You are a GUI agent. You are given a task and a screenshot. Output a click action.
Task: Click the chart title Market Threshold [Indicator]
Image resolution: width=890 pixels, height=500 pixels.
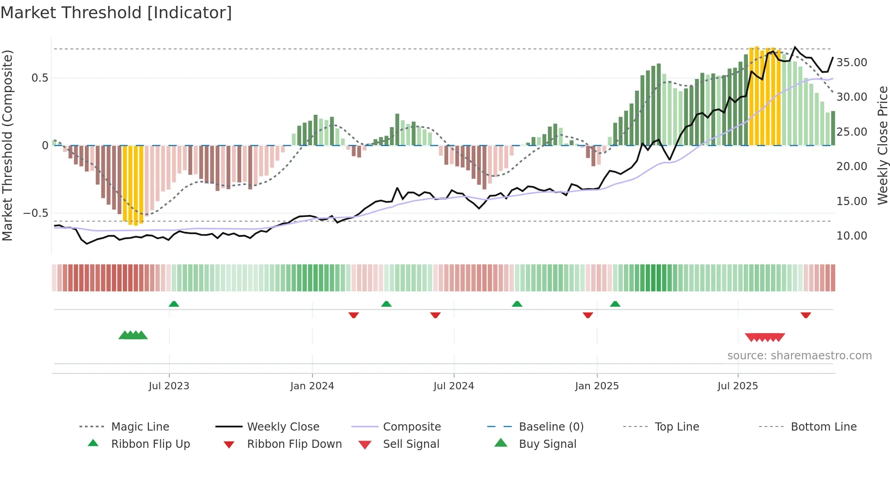click(116, 13)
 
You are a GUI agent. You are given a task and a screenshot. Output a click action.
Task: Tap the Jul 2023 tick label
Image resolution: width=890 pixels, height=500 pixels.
click(168, 386)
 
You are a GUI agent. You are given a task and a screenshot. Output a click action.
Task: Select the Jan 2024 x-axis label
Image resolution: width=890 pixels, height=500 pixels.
click(312, 386)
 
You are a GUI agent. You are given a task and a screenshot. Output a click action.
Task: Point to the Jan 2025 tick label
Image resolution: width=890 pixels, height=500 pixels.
click(597, 386)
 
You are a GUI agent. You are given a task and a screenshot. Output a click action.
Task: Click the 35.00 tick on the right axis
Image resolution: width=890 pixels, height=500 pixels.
click(851, 63)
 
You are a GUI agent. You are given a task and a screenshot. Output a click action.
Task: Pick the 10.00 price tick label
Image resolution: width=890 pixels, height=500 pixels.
click(851, 236)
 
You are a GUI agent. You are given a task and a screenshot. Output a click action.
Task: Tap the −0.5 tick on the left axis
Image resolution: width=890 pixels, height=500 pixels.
click(35, 213)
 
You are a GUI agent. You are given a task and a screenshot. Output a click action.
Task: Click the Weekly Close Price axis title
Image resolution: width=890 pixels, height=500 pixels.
click(882, 145)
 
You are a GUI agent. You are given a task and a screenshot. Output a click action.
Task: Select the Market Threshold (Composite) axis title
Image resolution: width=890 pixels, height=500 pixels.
click(7, 145)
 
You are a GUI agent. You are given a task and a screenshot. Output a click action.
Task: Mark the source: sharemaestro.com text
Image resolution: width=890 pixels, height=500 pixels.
click(799, 356)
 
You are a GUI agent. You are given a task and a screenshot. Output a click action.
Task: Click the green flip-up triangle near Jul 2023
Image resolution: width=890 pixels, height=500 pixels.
click(174, 304)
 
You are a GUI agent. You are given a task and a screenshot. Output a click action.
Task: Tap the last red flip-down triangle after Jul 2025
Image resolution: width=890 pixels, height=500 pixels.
click(806, 315)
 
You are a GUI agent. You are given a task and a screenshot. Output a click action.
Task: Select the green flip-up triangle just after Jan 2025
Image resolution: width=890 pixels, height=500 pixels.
click(615, 304)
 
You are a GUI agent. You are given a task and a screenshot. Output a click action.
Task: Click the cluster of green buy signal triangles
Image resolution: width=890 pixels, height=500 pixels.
click(133, 335)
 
